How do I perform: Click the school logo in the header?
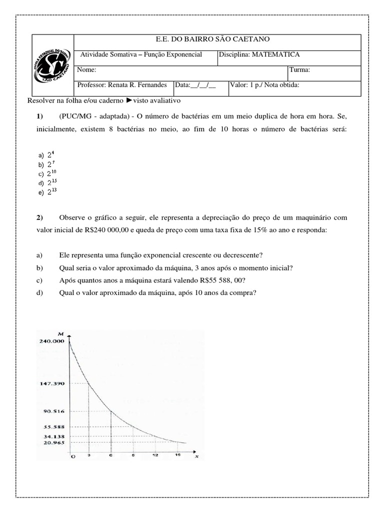tap(53, 65)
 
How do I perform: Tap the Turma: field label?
tap(300, 70)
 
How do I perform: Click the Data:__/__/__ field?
tap(195, 85)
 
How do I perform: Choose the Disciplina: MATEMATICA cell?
tap(259, 55)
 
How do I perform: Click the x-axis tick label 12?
tap(155, 455)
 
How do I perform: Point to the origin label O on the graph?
tap(73, 456)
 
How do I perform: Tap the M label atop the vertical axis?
tap(60, 333)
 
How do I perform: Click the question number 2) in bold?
tap(40, 218)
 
